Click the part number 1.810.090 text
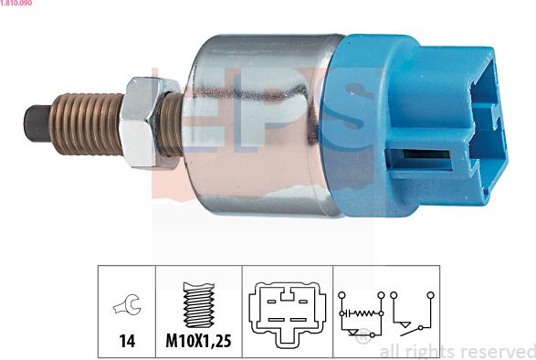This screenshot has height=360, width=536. click(x=16, y=3)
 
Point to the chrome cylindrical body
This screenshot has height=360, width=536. click(x=263, y=125)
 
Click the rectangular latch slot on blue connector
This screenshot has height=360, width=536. click(x=420, y=160)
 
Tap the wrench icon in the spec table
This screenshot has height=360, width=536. click(x=127, y=304)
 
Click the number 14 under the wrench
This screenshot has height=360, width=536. click(x=127, y=341)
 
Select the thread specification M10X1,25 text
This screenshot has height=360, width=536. click(x=199, y=341)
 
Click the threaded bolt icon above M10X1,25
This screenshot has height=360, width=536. click(x=199, y=304)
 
